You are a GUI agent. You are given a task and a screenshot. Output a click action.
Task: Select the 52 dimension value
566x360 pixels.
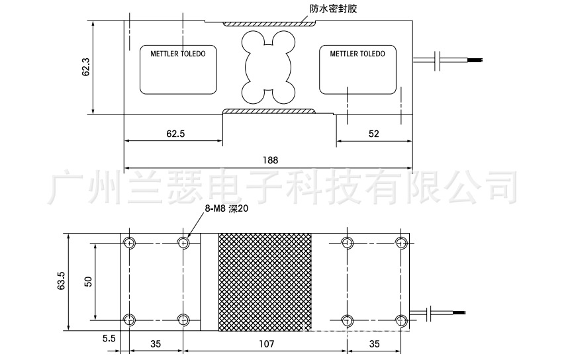coord(373,134)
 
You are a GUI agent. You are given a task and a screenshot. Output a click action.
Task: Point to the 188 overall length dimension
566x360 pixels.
coord(270,159)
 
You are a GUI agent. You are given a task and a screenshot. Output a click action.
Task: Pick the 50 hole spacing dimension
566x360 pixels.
coord(87,281)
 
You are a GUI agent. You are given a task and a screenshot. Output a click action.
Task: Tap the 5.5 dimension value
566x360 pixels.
coord(109,337)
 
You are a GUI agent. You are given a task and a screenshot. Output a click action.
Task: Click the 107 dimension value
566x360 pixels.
coord(265,344)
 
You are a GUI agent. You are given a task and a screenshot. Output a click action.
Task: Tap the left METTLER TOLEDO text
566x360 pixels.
coord(178,54)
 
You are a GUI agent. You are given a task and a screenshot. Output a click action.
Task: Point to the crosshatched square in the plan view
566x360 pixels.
coord(265,281)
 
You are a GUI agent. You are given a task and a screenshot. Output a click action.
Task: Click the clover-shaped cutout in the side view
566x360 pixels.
coord(267,67)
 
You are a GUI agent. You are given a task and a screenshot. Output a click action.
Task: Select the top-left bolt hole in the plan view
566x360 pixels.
coord(130,243)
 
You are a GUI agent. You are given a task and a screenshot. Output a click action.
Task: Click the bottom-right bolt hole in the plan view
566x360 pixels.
coord(401,320)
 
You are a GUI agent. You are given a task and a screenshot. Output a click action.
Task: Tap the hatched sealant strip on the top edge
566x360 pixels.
coord(268,24)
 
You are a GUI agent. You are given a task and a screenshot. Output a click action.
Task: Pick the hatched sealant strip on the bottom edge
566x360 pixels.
coord(268,111)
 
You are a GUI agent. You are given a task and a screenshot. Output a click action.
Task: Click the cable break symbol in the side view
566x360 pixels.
coord(438,60)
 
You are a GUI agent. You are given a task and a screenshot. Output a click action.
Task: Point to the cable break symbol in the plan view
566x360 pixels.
coord(431,312)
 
